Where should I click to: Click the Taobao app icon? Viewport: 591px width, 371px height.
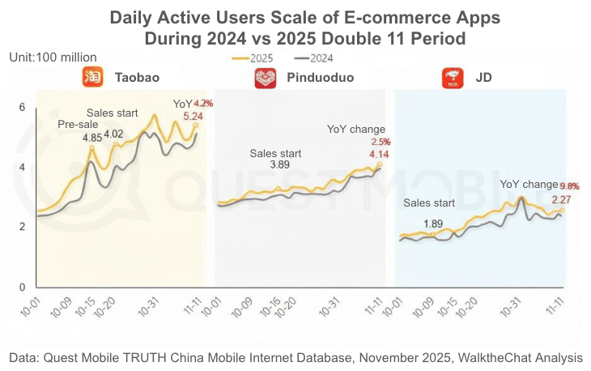91,79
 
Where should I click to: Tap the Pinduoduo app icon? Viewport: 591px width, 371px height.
266,79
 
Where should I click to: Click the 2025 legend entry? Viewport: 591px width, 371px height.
252,58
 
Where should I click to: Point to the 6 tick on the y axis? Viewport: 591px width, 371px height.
23,108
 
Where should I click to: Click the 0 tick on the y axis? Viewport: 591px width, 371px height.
23,287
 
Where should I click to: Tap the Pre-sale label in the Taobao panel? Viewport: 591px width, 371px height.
78,125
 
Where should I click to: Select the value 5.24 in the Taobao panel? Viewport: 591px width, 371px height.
193,117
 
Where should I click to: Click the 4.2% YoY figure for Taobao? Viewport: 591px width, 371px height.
203,103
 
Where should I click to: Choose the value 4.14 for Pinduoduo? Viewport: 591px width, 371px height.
379,154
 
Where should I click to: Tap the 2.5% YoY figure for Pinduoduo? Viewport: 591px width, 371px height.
381,142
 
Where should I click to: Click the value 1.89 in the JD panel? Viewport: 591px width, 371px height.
434,224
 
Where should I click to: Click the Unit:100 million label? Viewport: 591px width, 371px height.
53,58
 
